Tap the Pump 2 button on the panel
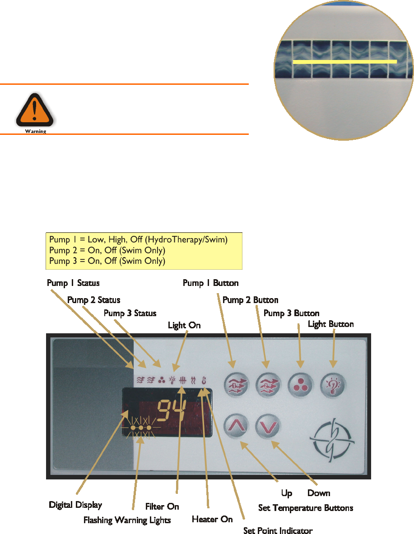coord(268,385)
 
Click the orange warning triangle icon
coord(35,109)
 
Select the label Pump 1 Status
coord(73,283)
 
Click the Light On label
coord(184,325)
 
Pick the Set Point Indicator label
coord(278,530)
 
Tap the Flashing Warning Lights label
coord(127,520)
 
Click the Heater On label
coord(212,519)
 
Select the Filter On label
coord(162,506)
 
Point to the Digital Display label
coord(75,505)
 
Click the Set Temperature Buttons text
coord(306,508)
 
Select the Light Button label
coord(330,324)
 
